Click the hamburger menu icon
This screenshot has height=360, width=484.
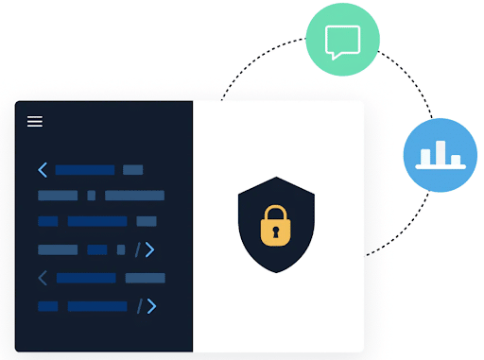coord(35,121)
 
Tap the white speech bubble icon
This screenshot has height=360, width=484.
coord(342,42)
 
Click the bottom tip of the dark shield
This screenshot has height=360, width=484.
coord(276,272)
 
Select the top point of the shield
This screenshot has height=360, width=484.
coord(276,178)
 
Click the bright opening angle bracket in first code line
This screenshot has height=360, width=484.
coord(43,170)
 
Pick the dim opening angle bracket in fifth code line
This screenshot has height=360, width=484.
coord(43,279)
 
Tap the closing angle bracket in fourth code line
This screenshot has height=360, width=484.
coord(150,250)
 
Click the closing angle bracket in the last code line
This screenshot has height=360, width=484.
coord(150,306)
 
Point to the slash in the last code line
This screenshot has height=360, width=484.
coord(138,306)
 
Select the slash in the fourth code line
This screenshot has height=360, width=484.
coord(138,250)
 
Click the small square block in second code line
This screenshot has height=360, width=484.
coord(92,196)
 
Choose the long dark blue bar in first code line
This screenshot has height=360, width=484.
coord(85,170)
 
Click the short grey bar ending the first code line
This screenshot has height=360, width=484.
coord(133,170)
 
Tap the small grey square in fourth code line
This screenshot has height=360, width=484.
coord(120,250)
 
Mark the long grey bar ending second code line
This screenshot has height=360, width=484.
coord(134,196)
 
